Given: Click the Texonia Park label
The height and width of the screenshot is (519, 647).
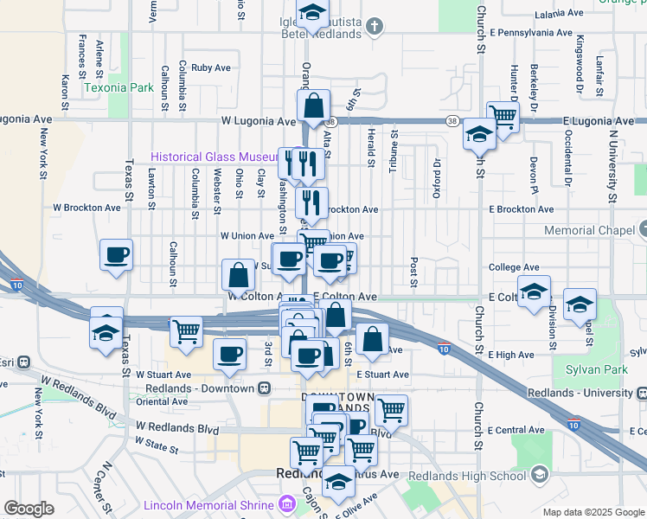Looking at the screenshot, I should tap(119, 87).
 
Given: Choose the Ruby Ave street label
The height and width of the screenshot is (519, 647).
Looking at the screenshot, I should tap(211, 67).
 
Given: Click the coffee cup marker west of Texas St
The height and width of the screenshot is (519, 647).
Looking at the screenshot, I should tap(117, 255).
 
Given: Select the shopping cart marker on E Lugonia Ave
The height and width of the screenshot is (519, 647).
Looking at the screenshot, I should tap(503, 115).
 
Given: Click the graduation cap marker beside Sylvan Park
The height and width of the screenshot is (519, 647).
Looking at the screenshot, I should tap(580, 304).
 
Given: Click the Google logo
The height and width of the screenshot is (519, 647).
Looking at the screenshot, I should tap(29, 509).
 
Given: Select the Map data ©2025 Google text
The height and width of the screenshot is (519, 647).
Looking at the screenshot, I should tap(593, 511).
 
